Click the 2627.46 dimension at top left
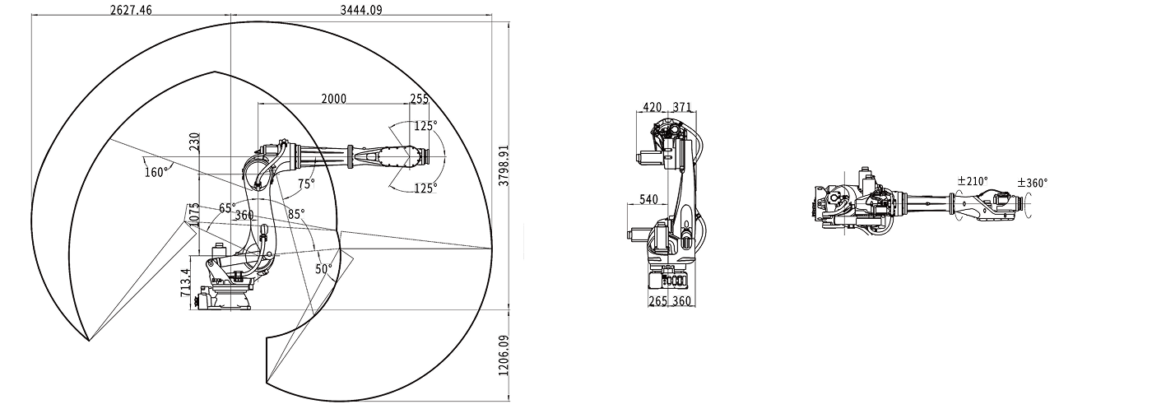(131, 10)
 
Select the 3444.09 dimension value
(361, 10)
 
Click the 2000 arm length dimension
(333, 99)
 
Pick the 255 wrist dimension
(420, 99)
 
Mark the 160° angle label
(156, 171)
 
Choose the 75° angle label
(306, 184)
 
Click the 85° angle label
(295, 213)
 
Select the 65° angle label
(227, 208)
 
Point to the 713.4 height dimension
(186, 282)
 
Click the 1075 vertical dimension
(193, 216)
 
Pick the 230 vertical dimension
(194, 142)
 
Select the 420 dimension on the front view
(653, 107)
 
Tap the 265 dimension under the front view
(657, 301)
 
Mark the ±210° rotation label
(972, 181)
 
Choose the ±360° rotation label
(1033, 183)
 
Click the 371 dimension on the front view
(681, 107)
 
